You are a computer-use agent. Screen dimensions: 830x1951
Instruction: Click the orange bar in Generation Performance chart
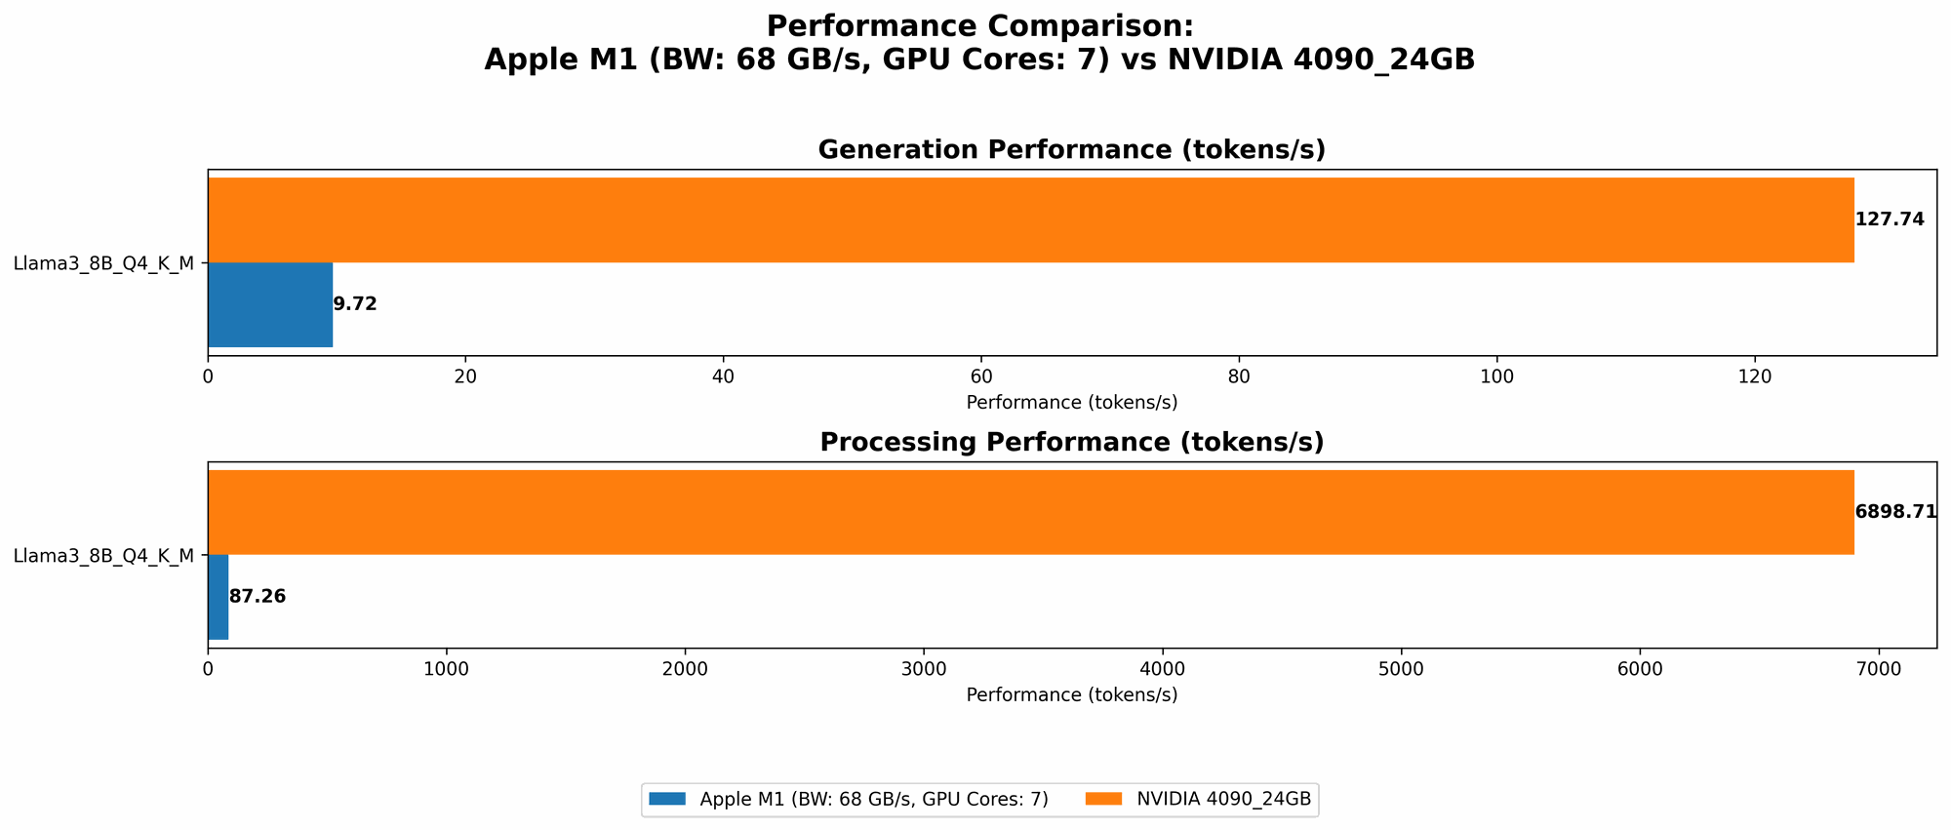1030,219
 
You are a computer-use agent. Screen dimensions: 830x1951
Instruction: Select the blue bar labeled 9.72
270,304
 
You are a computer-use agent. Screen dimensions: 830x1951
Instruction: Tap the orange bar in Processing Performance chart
1030,512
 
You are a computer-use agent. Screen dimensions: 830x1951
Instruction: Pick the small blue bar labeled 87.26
219,597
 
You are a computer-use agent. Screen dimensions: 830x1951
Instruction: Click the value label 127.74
1890,219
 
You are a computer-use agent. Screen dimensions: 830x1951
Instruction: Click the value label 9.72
355,304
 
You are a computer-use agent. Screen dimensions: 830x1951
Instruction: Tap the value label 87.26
258,597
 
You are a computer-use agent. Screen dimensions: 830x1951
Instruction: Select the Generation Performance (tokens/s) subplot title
1071,150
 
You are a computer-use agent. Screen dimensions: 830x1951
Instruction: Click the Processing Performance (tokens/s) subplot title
1071,443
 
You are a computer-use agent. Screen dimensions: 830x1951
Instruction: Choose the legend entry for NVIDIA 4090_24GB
1223,800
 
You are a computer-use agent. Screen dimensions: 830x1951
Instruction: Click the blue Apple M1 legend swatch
668,800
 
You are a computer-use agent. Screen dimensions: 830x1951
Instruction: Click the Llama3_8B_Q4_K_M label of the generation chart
103,262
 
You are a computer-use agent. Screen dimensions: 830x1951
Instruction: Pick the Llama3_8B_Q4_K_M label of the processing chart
103,556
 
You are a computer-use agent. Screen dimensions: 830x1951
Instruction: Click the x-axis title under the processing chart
1071,695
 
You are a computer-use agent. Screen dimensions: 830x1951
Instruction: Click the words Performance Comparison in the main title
979,26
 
